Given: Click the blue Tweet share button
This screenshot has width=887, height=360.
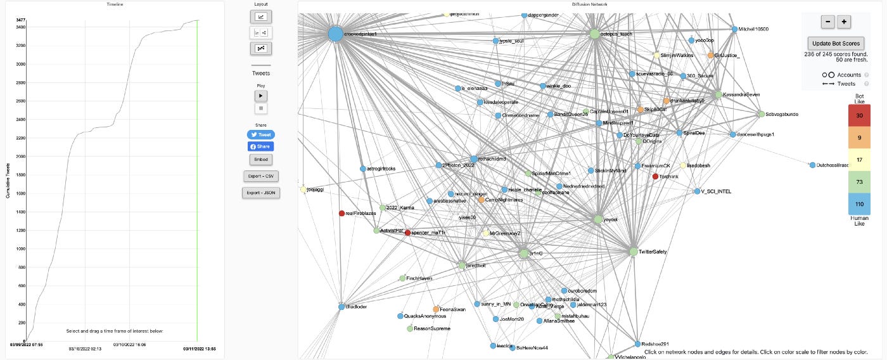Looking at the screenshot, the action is click(x=261, y=135).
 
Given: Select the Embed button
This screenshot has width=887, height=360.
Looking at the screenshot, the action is click(x=261, y=159).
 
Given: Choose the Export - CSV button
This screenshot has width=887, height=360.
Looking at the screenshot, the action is click(x=261, y=176).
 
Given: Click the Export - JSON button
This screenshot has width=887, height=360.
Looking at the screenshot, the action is click(x=261, y=192).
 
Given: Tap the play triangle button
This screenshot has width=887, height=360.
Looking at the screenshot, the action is click(x=261, y=96).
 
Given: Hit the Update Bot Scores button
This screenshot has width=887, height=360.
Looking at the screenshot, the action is click(x=836, y=44).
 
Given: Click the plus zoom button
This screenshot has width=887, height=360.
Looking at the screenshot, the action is click(x=844, y=22).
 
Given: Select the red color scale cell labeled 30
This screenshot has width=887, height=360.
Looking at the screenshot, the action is click(x=859, y=116).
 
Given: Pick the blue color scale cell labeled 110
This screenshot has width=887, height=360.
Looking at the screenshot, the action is click(x=859, y=204).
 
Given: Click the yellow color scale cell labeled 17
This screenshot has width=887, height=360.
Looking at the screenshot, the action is click(x=859, y=160).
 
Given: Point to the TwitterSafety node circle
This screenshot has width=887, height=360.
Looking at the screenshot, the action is click(x=633, y=252).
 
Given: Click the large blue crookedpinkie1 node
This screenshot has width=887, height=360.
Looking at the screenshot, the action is click(x=335, y=34).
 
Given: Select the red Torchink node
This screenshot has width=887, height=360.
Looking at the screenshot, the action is click(x=656, y=176).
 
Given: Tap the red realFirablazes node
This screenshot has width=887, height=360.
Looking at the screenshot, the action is click(x=341, y=214).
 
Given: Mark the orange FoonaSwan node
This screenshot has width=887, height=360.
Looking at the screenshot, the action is click(x=436, y=309).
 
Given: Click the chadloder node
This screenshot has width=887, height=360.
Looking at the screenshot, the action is click(x=341, y=307).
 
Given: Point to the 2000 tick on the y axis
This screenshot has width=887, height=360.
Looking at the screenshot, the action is click(x=21, y=157).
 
